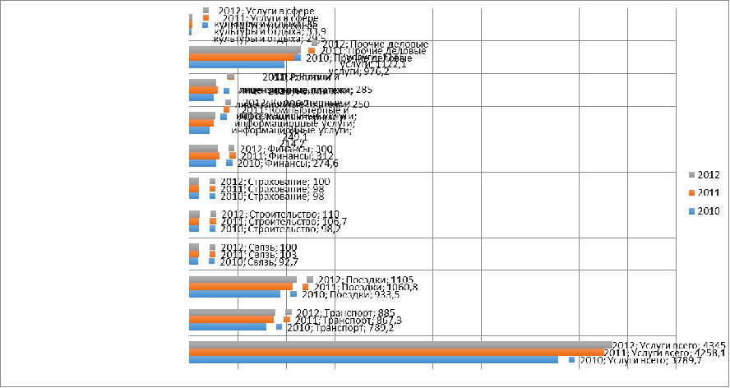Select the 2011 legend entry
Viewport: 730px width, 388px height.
(702, 192)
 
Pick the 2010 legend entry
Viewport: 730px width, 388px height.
(702, 211)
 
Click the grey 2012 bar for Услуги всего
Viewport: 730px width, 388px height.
(400, 344)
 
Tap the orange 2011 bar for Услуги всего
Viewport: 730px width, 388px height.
(395, 351)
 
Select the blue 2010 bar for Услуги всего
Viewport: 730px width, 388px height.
(373, 359)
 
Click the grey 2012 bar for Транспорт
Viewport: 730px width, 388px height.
(232, 312)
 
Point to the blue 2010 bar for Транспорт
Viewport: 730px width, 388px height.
(227, 327)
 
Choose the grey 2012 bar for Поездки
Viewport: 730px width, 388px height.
(243, 279)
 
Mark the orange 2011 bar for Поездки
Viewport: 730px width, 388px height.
(240, 286)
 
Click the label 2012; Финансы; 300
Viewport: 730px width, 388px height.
(280, 149)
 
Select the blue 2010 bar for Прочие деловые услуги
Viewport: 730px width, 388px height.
(237, 64)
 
